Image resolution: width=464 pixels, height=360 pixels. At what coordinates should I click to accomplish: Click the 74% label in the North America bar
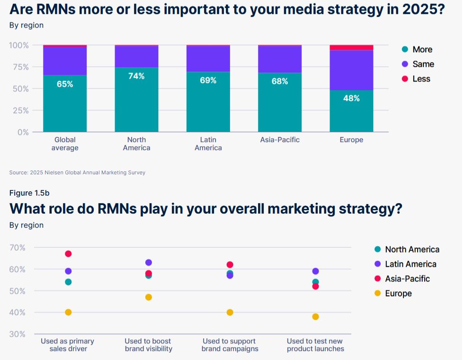pos(136,76)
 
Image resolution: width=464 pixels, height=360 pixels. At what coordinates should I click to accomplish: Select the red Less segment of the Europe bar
pos(351,47)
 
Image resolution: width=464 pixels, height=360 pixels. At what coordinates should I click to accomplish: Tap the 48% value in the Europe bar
pos(351,98)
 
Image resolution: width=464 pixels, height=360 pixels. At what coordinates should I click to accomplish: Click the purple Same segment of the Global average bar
pos(65,61)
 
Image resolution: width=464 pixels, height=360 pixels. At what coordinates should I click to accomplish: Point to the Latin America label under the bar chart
pos(208,144)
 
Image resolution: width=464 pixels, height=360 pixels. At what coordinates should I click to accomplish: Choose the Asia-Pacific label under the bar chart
pos(280,140)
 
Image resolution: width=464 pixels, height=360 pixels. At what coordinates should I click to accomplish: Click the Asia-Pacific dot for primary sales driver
pos(68,254)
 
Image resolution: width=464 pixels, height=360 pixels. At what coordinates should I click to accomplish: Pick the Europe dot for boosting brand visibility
pos(149,297)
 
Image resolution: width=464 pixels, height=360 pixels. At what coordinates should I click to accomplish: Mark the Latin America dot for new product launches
pos(315,271)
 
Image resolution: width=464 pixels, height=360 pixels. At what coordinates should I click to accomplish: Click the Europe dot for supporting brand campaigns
pos(230,312)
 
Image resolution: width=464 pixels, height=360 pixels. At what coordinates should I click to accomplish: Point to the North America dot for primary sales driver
pos(68,282)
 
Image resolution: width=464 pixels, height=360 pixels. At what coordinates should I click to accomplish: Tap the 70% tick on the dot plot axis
pos(18,247)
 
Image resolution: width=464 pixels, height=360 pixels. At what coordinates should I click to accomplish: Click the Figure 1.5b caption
pos(29,193)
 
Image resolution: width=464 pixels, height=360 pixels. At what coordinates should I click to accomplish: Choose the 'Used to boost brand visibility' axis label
pos(148,345)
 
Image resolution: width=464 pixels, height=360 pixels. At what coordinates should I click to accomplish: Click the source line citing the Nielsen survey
pos(77,172)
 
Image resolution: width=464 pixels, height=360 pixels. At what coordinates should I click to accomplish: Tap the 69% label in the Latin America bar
pos(208,80)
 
